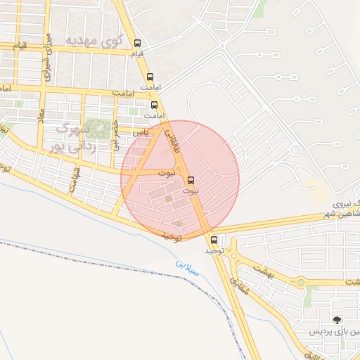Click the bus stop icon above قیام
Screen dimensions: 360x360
137,42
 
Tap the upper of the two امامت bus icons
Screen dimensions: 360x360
150,77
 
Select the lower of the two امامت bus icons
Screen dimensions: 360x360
155,105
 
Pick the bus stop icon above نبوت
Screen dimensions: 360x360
192,179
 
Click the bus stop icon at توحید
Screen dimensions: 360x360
214,240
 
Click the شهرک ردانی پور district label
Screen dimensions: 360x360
71,138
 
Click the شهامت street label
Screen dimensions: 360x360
74,179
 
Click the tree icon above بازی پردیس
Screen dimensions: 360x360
337,321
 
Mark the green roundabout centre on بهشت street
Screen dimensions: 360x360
302,283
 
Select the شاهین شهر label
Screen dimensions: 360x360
337,214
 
